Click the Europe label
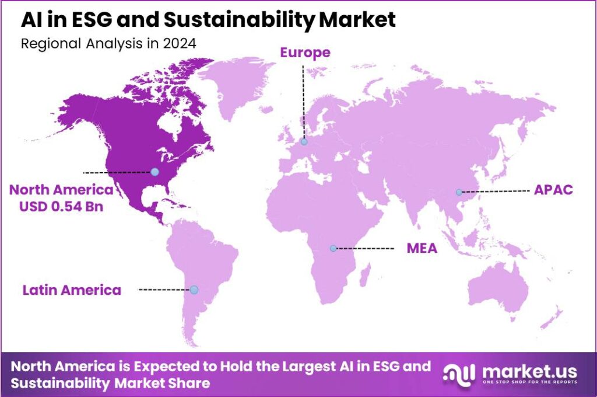(305, 53)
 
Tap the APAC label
(553, 190)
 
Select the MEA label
(422, 249)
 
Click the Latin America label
(72, 290)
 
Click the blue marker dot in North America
(154, 172)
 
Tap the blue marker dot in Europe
(304, 141)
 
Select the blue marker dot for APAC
(459, 192)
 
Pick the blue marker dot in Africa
(333, 248)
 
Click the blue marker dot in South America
(194, 290)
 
